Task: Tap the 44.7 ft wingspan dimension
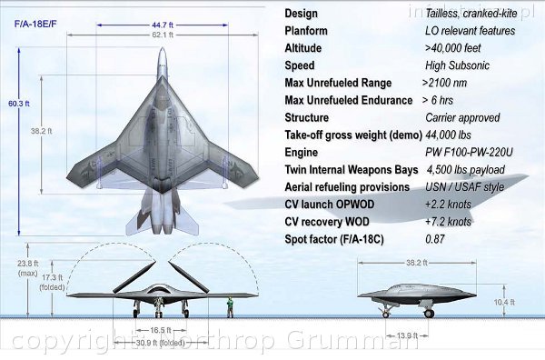tap(163, 25)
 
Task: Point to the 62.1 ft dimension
tap(163, 35)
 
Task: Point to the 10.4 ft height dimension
tap(506, 301)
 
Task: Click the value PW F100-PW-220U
tap(470, 152)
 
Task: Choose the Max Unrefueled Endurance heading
tap(348, 100)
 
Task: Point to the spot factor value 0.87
tap(437, 238)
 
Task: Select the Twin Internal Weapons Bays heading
tap(352, 169)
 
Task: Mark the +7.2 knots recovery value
tap(448, 221)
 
